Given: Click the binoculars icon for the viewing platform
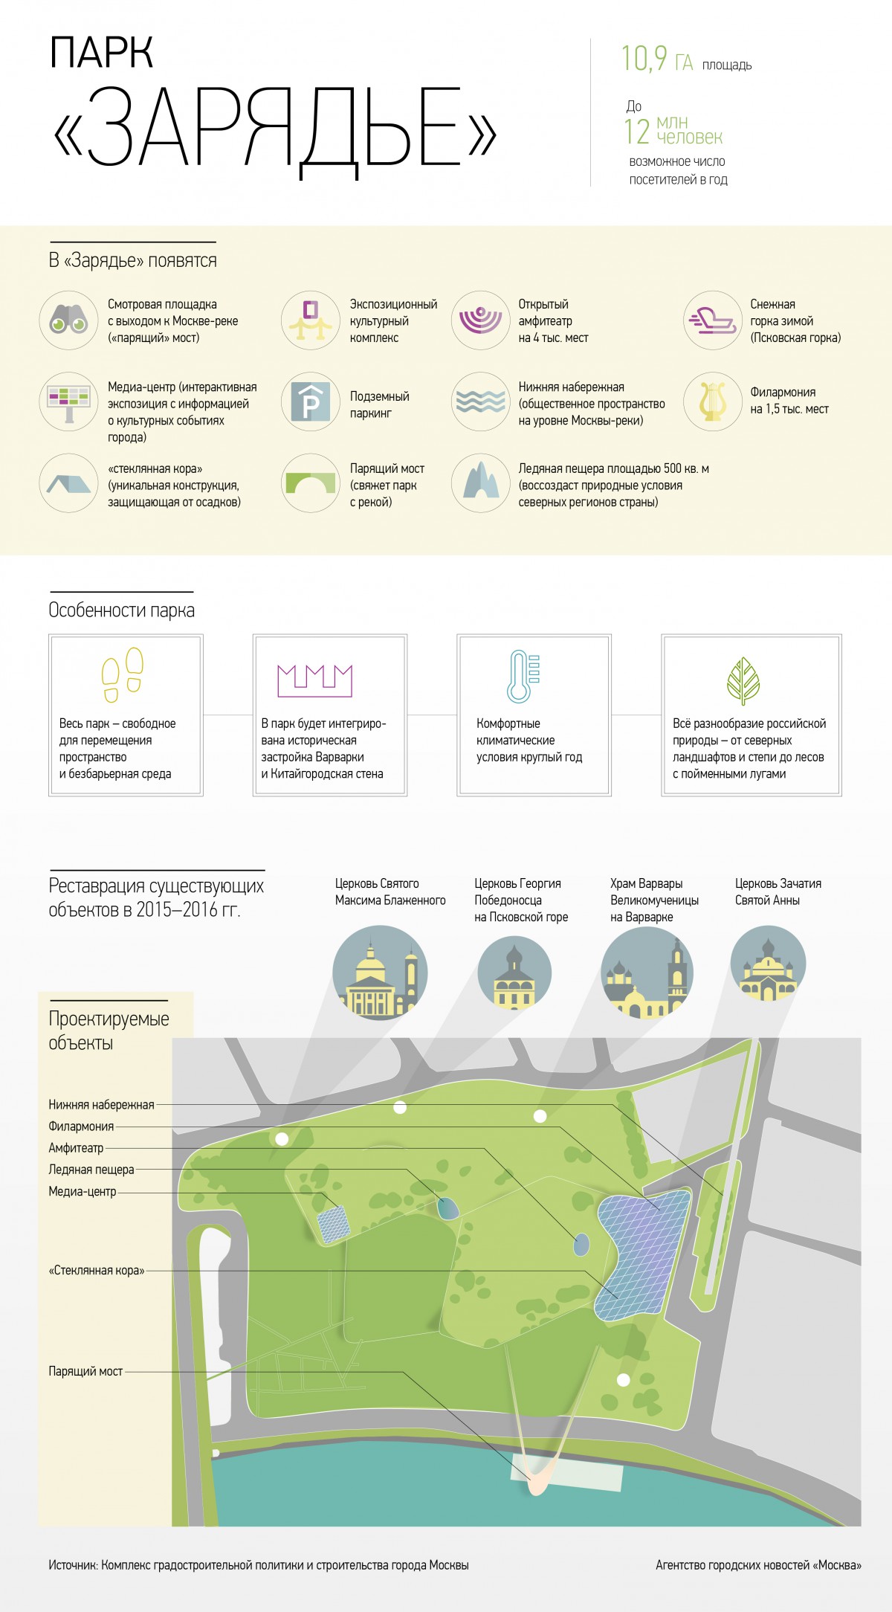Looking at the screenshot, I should pyautogui.click(x=68, y=321).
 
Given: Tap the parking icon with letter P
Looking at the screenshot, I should pyautogui.click(x=311, y=402).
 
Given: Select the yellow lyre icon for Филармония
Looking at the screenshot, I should pyautogui.click(x=712, y=402).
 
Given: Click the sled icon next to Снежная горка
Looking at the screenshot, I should pyautogui.click(x=712, y=320).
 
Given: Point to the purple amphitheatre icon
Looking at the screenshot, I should pyautogui.click(x=480, y=320).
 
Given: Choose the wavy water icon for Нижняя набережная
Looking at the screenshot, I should pyautogui.click(x=480, y=402).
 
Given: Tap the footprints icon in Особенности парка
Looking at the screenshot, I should pyautogui.click(x=123, y=674).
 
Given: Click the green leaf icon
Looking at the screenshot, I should pyautogui.click(x=743, y=680).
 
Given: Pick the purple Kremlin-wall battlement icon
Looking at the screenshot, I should pyautogui.click(x=314, y=680).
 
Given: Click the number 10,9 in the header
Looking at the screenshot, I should pyautogui.click(x=644, y=59).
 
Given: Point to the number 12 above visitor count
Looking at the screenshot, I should pyautogui.click(x=637, y=132).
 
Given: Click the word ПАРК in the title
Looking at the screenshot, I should pyautogui.click(x=101, y=53).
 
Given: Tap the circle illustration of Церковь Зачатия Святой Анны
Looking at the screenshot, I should pyautogui.click(x=768, y=964).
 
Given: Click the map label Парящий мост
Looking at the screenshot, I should pyautogui.click(x=85, y=1371).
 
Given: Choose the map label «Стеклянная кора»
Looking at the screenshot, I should pyautogui.click(x=97, y=1270).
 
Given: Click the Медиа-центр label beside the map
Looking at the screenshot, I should pyautogui.click(x=83, y=1191).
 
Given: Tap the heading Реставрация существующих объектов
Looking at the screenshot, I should pyautogui.click(x=156, y=897).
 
